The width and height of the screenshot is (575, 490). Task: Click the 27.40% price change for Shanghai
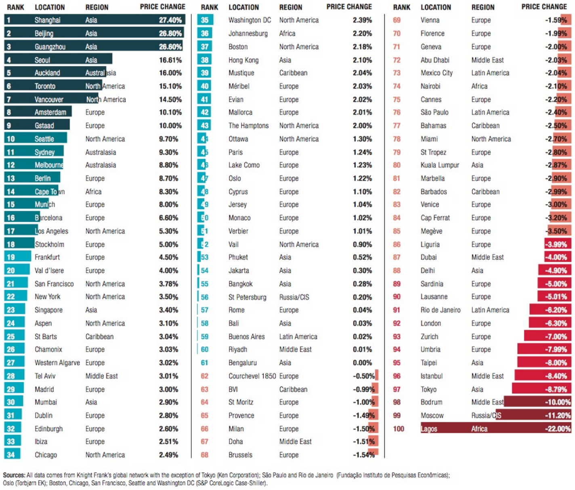170,20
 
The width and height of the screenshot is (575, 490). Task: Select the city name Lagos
429,429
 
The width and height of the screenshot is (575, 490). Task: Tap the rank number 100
399,429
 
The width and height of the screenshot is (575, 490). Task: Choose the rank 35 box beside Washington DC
205,20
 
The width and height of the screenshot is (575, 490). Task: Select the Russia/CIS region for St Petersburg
294,297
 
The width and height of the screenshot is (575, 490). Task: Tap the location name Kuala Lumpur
440,165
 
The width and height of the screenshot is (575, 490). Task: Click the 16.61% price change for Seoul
170,60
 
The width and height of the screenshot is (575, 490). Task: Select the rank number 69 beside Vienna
397,20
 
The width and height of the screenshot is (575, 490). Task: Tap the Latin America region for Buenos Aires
298,337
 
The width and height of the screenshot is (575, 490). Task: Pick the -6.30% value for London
556,323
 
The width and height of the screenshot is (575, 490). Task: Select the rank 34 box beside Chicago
11,455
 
